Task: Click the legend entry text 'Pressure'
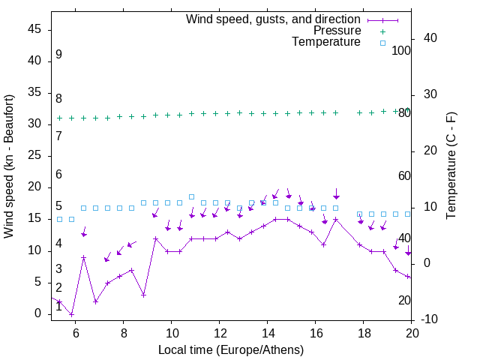337,31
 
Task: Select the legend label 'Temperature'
326,42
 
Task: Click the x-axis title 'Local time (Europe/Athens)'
231,349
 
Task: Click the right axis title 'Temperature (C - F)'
451,166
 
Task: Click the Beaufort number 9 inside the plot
58,55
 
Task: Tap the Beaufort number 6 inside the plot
58,174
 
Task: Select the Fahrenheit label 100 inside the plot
402,50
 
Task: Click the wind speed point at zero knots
72,314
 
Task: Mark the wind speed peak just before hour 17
336,220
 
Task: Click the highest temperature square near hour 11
192,196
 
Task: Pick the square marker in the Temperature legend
382,43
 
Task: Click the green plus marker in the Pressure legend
382,31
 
